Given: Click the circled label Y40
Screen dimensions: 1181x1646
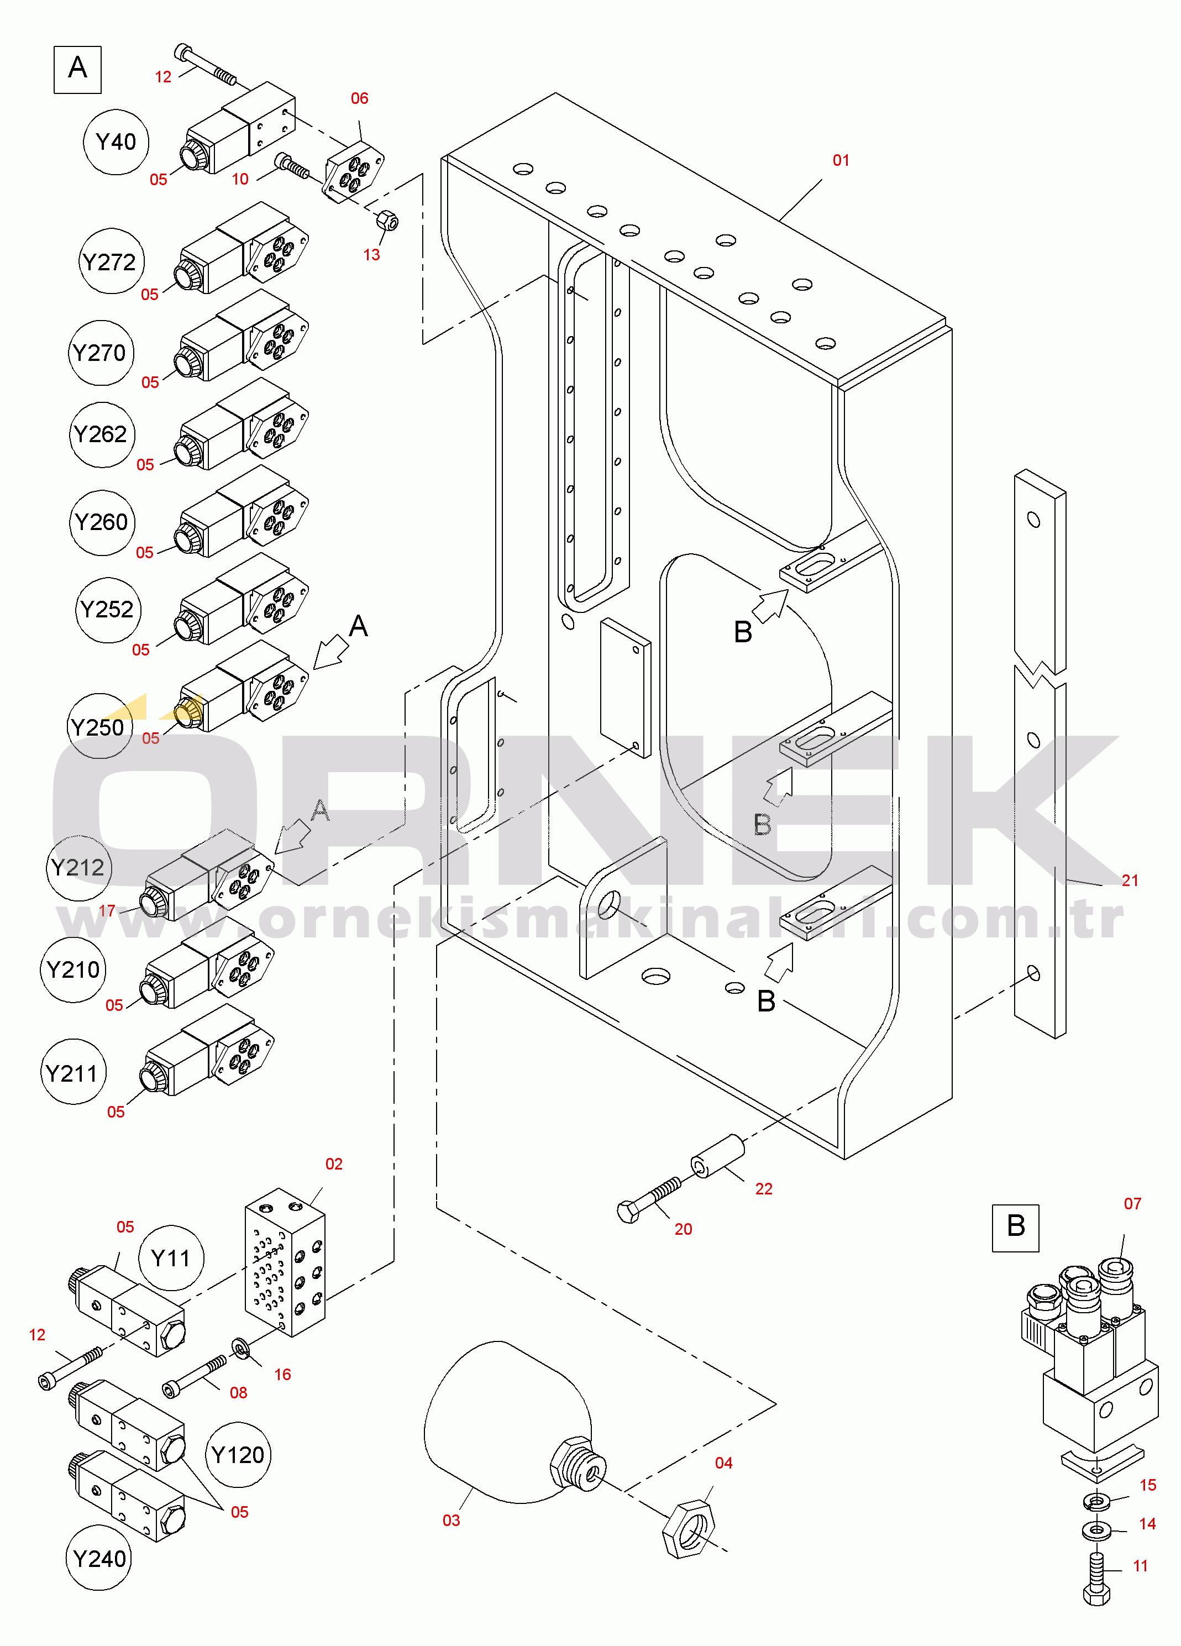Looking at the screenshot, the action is coord(116,142).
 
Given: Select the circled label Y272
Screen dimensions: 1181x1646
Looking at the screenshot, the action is coord(111,261).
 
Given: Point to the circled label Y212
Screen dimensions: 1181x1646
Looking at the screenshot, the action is coord(78,868).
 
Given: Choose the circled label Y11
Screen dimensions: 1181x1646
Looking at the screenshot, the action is coord(171,1258).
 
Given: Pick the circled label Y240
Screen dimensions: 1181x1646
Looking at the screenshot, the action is coord(99,1558).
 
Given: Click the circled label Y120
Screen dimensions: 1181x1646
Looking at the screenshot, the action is coord(238,1454).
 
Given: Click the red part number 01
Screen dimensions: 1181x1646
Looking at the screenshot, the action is coord(841,160).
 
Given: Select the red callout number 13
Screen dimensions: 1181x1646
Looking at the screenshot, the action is coord(371,255).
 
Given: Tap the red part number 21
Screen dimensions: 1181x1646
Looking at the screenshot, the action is coord(1130,880).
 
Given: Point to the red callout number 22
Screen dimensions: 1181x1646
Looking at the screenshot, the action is coord(763,1189).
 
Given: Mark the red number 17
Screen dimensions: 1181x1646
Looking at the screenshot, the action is coord(107,911).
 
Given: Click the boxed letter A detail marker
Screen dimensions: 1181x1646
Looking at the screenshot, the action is coord(77,70).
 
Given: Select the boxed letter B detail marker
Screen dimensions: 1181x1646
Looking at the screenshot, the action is coord(1016,1228).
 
